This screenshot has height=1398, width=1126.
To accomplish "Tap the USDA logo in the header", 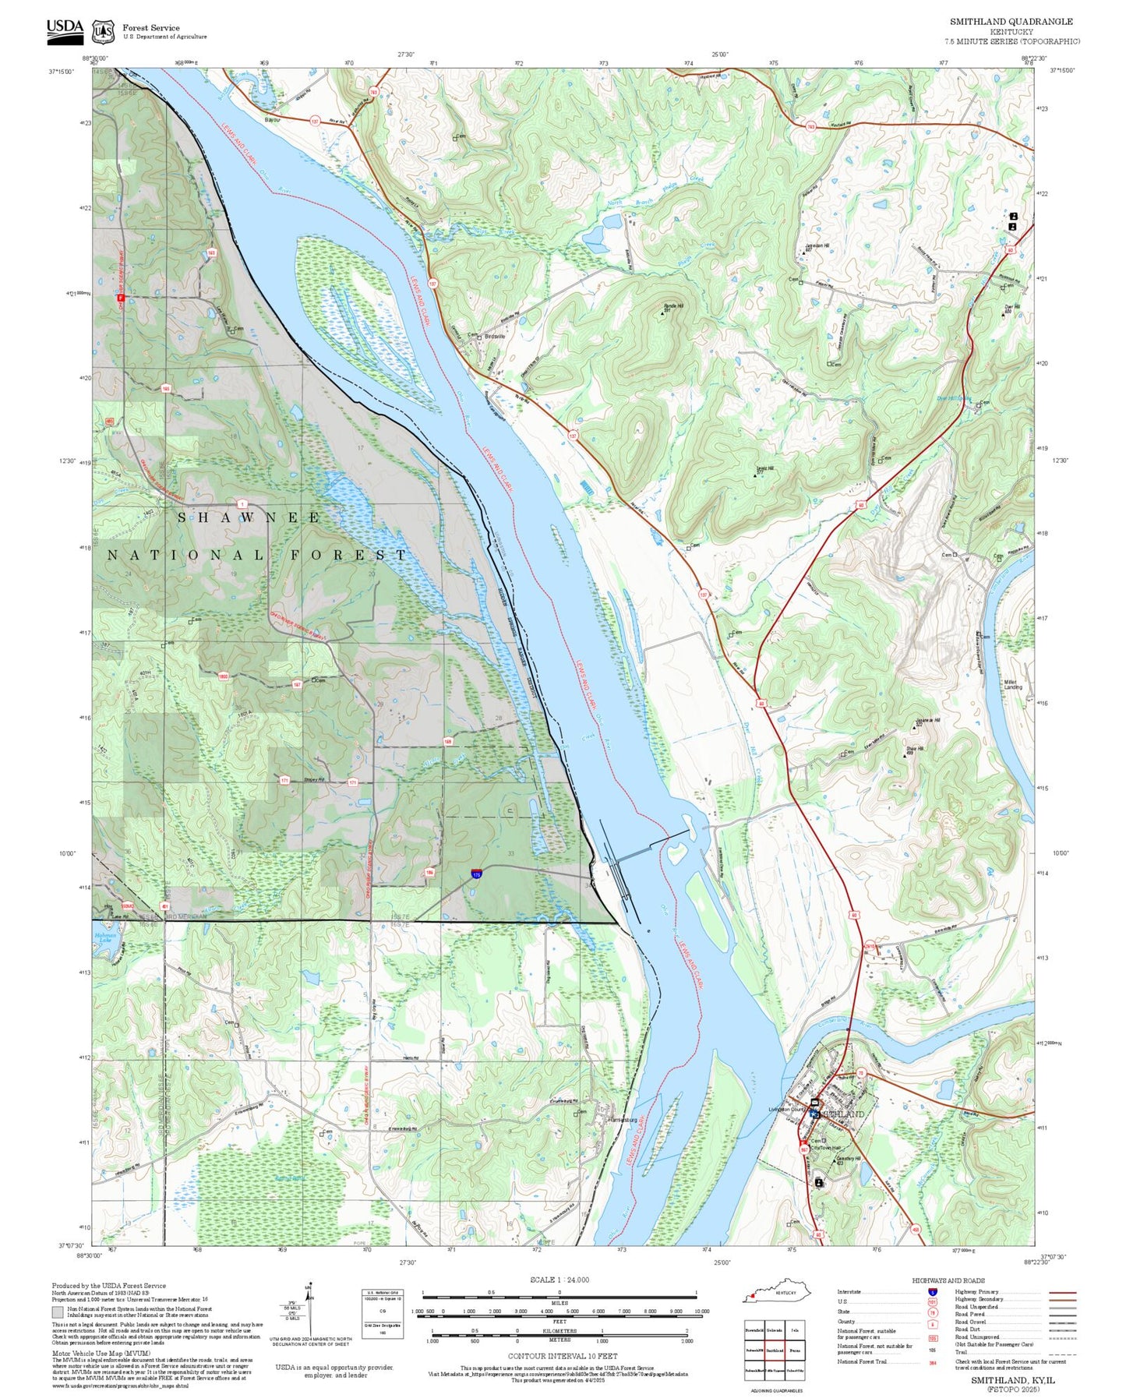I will (x=65, y=29).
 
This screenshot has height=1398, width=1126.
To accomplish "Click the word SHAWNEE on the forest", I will (x=249, y=517).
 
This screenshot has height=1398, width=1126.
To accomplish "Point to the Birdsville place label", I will (x=495, y=336).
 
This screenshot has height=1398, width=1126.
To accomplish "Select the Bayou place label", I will (x=272, y=120).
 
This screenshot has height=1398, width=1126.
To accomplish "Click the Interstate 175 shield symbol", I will (x=476, y=874).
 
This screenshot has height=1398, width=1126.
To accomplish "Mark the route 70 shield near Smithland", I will (x=861, y=1073).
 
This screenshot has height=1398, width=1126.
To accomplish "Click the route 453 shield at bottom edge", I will (x=916, y=1230).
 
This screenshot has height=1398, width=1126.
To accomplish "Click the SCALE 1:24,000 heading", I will (x=559, y=1280).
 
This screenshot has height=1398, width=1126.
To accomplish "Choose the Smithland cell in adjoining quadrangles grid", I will (x=774, y=1349).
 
